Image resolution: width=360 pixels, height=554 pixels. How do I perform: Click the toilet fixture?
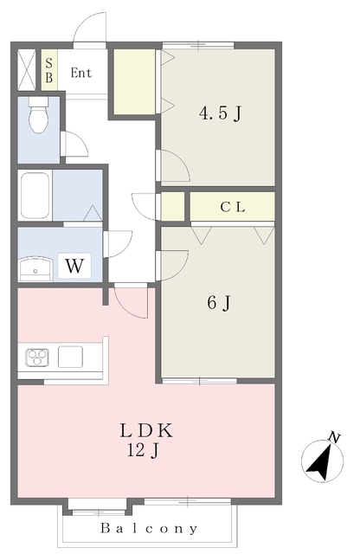(x=38, y=114)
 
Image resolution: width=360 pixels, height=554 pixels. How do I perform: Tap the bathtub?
(x=35, y=196)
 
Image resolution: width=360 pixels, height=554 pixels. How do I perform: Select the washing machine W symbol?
(x=74, y=266)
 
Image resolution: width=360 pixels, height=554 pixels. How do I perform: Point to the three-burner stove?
(x=37, y=358)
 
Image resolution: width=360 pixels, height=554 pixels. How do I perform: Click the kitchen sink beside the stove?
(x=70, y=357)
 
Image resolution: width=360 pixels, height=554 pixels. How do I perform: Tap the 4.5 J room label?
(x=221, y=113)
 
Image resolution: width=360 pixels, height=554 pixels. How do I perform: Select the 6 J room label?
(x=219, y=303)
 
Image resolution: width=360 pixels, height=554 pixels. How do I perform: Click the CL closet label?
(x=233, y=207)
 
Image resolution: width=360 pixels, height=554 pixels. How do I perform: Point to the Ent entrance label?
(x=81, y=73)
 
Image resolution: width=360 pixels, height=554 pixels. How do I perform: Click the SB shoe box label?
(x=49, y=70)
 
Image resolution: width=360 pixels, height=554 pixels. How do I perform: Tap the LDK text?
(x=146, y=430)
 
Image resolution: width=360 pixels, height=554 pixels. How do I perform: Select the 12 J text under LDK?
(x=143, y=450)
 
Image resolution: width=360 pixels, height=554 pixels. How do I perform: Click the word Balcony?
(x=149, y=529)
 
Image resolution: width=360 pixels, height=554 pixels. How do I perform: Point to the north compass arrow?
(x=320, y=462)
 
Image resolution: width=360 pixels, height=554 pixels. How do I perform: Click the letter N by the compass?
(x=334, y=437)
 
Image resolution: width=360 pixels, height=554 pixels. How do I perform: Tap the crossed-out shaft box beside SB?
(x=27, y=70)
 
